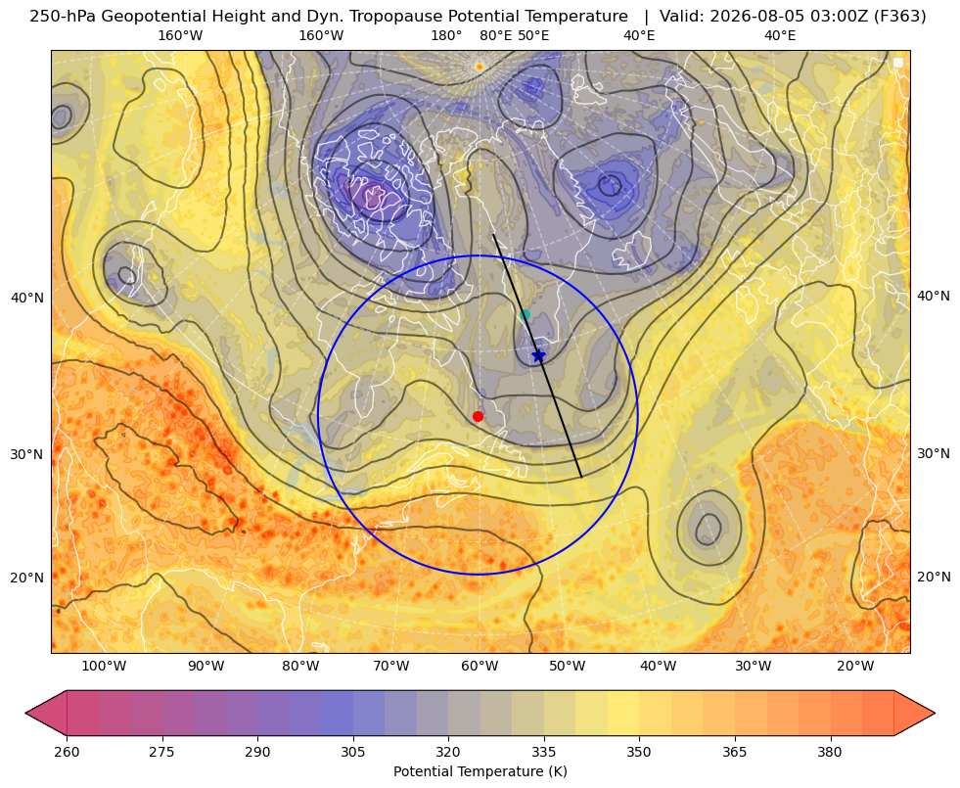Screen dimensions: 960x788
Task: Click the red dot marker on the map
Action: (479, 416)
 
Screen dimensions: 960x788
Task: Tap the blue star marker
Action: (538, 355)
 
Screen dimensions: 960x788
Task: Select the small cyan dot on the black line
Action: (525, 314)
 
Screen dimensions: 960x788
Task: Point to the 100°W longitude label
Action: (104, 667)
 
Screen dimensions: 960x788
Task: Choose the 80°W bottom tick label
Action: (300, 667)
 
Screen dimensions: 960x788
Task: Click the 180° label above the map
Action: (446, 35)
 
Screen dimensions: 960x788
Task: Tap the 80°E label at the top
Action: (496, 35)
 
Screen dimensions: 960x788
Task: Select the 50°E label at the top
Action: (533, 35)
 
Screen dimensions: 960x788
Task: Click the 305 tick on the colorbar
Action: (353, 752)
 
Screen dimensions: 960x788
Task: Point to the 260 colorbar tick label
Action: (67, 752)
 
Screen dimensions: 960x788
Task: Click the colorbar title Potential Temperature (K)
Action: (480, 771)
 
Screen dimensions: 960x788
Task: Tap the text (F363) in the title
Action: (901, 16)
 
